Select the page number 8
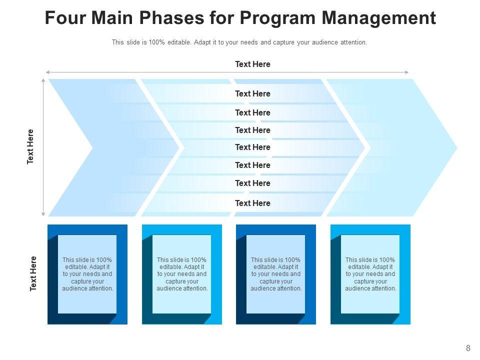pos(468,348)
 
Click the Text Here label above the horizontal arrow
pos(252,64)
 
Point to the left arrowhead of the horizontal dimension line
pos(47,72)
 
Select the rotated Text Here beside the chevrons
pos(30,146)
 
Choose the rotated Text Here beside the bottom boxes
pos(33,273)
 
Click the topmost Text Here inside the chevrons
pos(252,93)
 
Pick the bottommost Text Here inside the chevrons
pos(252,203)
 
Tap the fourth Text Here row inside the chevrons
pos(252,147)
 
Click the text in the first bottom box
pos(87,274)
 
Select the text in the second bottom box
pos(182,274)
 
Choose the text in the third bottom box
pos(276,274)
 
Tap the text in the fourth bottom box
pos(370,274)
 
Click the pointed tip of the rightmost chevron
pos(456,147)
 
